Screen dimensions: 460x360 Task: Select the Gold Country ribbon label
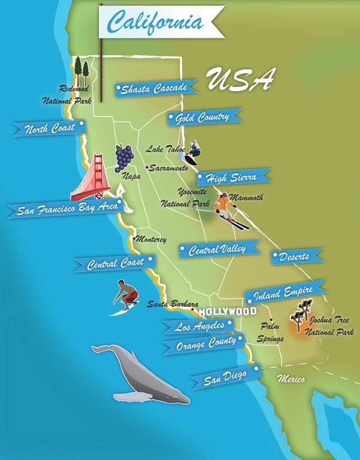coord(205,117)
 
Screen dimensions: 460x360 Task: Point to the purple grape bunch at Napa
coord(125,157)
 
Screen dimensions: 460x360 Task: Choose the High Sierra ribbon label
coord(232,178)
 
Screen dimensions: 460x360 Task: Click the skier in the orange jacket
coord(226,208)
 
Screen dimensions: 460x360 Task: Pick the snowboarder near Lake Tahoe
coord(193,153)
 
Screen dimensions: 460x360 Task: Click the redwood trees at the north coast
coord(80,71)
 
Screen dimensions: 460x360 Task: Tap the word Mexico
coord(291,379)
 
